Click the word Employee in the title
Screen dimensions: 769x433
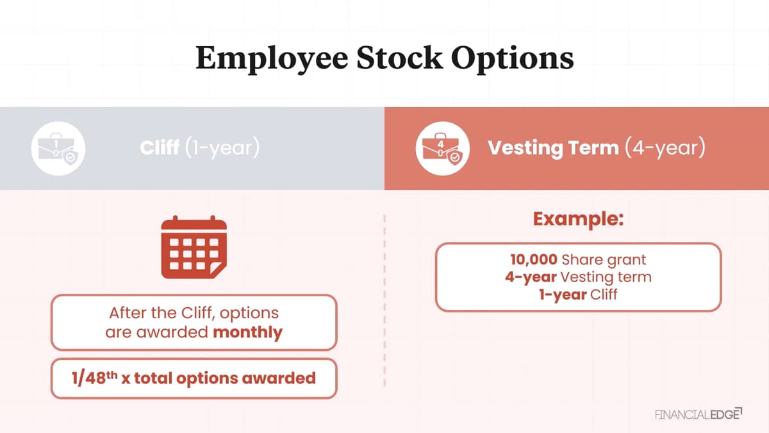click(272, 59)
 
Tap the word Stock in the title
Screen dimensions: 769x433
click(399, 58)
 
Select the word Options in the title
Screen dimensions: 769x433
click(512, 59)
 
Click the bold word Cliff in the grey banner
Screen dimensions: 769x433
click(160, 148)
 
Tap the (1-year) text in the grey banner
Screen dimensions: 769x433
click(222, 148)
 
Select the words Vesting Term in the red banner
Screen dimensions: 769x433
click(553, 148)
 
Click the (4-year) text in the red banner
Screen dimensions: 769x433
click(665, 148)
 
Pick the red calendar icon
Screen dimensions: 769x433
click(194, 247)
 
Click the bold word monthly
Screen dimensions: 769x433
click(247, 332)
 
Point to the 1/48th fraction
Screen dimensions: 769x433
click(94, 378)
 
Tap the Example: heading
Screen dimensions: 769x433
click(579, 219)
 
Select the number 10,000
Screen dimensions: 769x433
click(533, 260)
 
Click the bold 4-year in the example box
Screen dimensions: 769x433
click(531, 277)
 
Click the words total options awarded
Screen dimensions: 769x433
click(225, 378)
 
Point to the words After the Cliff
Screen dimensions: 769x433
click(160, 313)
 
